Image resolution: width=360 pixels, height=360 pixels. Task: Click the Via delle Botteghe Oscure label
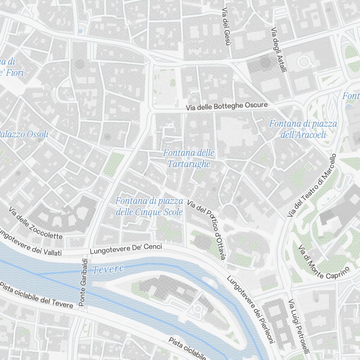227,106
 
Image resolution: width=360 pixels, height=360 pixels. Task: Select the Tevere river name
108,269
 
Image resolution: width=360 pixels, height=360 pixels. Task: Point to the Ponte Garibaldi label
83,282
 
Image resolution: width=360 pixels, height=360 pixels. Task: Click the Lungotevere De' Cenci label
126,249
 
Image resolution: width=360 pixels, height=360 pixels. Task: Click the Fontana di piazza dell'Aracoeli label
303,129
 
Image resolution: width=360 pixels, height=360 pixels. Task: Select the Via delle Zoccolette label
36,224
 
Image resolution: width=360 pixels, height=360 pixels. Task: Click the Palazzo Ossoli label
24,135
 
